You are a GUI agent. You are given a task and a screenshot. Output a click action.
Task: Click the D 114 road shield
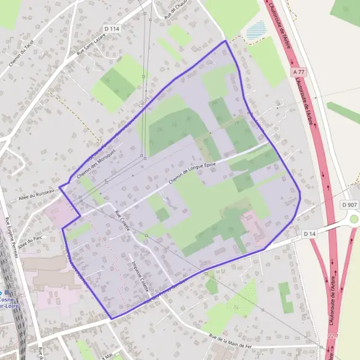112,28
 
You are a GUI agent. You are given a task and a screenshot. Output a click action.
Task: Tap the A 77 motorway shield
299,72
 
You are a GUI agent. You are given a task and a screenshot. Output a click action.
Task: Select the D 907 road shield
350,205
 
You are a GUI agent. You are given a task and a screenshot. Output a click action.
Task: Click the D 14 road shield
310,233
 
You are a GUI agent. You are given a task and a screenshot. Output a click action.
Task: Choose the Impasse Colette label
139,275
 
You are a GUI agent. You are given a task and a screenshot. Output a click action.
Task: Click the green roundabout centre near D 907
354,219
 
